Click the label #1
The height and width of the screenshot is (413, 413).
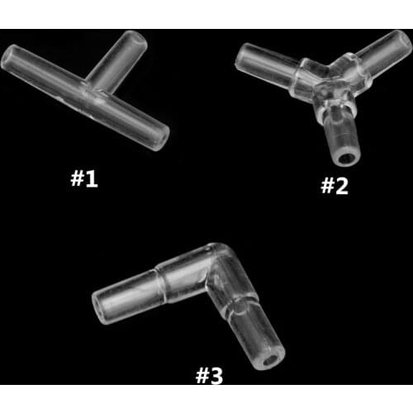tap(84, 178)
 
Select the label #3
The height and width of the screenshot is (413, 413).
tap(209, 376)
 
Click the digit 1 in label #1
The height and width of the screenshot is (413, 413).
tap(92, 178)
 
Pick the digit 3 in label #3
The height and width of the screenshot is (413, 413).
tap(216, 376)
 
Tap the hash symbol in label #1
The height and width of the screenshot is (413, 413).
tap(77, 178)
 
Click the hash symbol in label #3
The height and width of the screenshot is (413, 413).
tap(201, 376)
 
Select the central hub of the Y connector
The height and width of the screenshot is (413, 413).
tap(328, 83)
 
